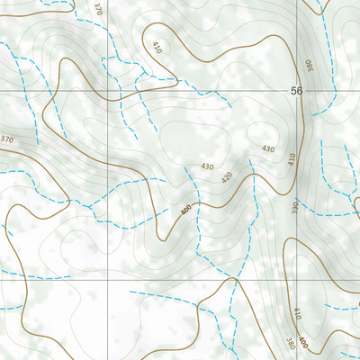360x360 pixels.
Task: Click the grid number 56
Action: pos(297,92)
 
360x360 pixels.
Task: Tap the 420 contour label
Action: pos(227,176)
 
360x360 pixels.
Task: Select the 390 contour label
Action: pos(295,206)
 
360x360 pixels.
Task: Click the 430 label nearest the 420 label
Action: pos(208,166)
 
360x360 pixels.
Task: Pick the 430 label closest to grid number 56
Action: pos(267,148)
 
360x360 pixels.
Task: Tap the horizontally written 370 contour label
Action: pos(8,139)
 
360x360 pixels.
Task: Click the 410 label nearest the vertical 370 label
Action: pos(156,46)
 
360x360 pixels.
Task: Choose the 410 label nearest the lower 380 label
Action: pos(295,314)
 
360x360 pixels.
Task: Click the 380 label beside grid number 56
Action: pos(305,65)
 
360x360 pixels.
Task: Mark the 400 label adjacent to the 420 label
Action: pos(185,209)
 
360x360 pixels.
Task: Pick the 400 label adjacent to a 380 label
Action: pos(303,343)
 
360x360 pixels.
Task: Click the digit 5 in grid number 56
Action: pos(293,92)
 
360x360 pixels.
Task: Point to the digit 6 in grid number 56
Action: pos(301,92)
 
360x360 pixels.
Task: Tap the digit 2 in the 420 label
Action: pos(227,176)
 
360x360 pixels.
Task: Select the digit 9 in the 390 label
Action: pos(295,206)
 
